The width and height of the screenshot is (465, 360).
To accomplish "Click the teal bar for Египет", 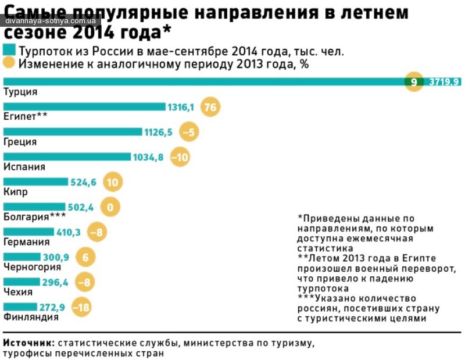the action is coord(84,106).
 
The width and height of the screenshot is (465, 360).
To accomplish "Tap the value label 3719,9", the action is coord(444,82).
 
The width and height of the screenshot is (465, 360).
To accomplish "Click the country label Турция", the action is coord(20,92).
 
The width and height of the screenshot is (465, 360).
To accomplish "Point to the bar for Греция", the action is coord(73,131).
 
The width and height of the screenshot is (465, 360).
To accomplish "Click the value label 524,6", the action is coord(83,182).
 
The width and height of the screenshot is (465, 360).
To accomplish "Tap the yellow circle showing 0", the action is coord(110,207).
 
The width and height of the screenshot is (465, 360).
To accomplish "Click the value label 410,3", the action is coord(69,232).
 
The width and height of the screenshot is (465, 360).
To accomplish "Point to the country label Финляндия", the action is coord(30,317).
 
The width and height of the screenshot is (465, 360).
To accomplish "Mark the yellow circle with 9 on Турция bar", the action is coord(414,82).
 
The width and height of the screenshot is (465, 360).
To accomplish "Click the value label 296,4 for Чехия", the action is coord(55,282).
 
